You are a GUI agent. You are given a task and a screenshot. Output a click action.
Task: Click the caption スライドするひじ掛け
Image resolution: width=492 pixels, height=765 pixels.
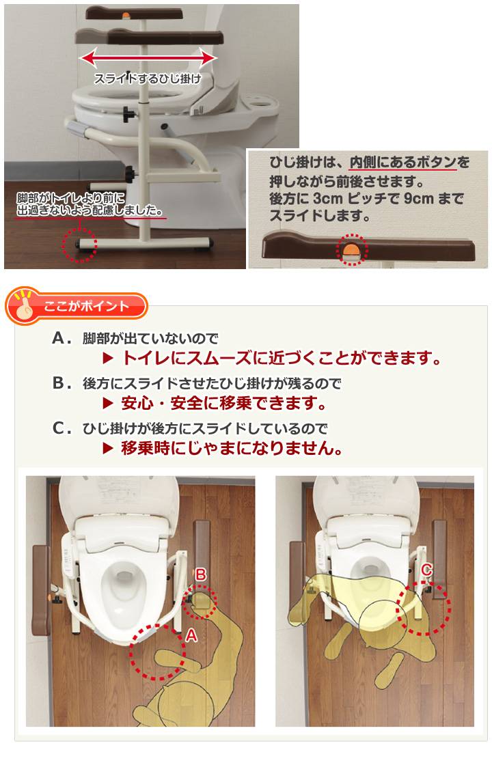pyautogui.click(x=148, y=77)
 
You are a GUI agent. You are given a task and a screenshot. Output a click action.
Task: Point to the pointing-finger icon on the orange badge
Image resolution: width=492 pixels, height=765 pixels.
pyautogui.click(x=23, y=307)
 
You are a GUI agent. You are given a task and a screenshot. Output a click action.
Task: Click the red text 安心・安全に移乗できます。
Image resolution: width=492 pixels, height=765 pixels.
pyautogui.click(x=223, y=403)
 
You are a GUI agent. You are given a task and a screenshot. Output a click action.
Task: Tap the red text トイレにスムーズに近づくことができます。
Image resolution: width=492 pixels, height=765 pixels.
pyautogui.click(x=281, y=358)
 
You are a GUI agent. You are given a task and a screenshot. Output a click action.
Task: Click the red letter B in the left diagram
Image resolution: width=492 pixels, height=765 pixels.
pyautogui.click(x=200, y=575)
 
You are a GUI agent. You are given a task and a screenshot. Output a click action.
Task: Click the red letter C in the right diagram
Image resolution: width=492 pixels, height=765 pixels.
pyautogui.click(x=426, y=568)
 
